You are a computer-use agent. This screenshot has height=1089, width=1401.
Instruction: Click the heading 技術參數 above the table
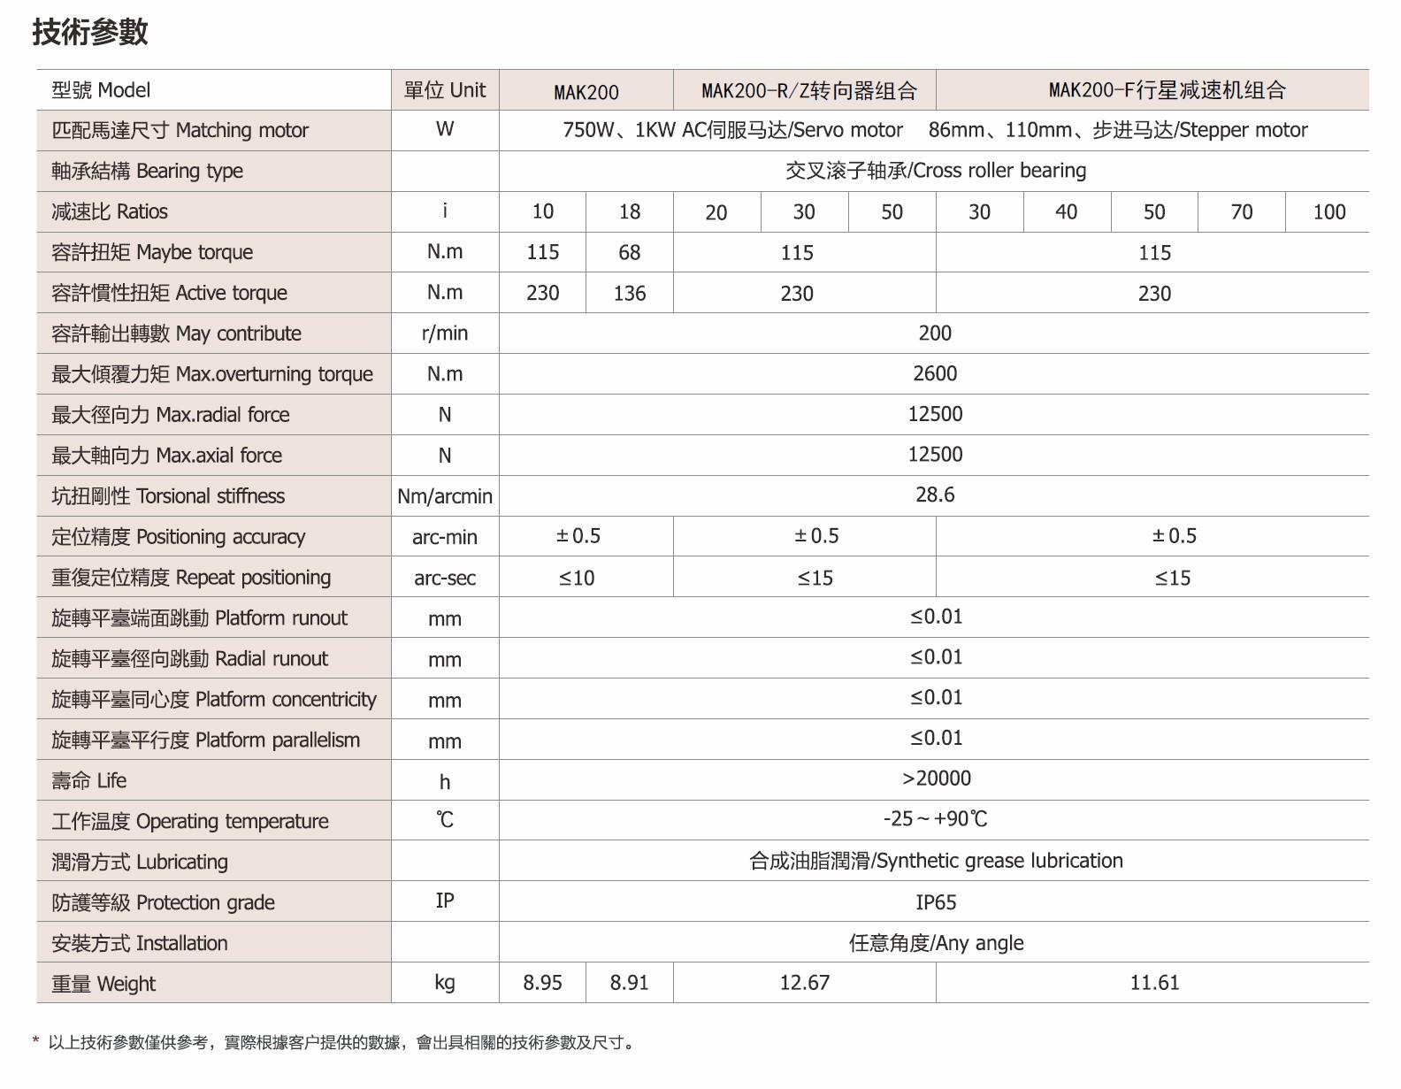click(x=90, y=32)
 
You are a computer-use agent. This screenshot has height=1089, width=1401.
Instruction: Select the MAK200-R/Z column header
click(x=808, y=90)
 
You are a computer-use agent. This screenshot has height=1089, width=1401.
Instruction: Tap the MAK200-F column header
click(x=1167, y=89)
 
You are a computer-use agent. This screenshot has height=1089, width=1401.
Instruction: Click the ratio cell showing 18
click(x=629, y=212)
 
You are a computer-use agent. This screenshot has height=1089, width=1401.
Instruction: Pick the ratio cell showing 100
click(x=1328, y=212)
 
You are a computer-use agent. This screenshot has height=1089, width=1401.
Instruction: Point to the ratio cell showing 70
click(x=1241, y=212)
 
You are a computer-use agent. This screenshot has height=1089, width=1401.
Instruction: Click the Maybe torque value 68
click(x=629, y=253)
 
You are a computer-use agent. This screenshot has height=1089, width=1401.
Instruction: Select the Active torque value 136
click(x=629, y=294)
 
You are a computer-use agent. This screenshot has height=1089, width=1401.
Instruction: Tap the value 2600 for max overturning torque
click(x=934, y=373)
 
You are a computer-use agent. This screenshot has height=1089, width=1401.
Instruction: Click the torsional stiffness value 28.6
click(x=934, y=495)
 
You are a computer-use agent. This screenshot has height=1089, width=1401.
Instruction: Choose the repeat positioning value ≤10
click(x=577, y=579)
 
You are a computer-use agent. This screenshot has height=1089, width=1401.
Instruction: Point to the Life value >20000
click(x=936, y=778)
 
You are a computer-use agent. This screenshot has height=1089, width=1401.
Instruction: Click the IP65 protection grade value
click(x=936, y=902)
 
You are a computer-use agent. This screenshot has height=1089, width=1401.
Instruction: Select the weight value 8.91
click(x=629, y=983)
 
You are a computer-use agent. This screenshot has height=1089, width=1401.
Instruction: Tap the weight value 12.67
click(x=804, y=983)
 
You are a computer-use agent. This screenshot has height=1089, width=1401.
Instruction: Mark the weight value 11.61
click(x=1154, y=983)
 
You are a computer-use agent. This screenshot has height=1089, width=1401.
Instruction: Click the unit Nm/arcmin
click(x=445, y=496)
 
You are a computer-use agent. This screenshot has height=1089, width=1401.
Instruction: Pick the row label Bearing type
click(x=147, y=171)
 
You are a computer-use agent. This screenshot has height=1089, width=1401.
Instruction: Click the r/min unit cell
click(x=445, y=334)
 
